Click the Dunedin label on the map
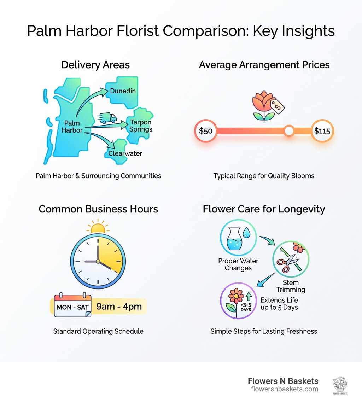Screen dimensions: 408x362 tap(123, 91)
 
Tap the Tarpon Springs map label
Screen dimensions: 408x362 tap(141, 126)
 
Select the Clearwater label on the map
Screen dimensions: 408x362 tap(125, 153)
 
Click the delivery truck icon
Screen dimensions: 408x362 tap(107, 118)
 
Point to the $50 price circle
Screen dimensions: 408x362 tap(206, 131)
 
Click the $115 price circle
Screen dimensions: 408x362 tap(322, 131)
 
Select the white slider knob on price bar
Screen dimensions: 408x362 tap(289, 131)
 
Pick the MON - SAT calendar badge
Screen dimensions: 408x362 tap(72, 307)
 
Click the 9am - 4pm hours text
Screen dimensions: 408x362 tap(119, 307)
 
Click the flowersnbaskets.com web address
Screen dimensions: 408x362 tap(285, 389)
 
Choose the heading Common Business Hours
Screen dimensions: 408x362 tap(98, 209)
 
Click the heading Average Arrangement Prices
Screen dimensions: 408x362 tap(264, 65)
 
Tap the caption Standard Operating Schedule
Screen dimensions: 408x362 tap(98, 331)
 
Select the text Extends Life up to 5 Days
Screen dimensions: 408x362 tap(279, 304)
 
